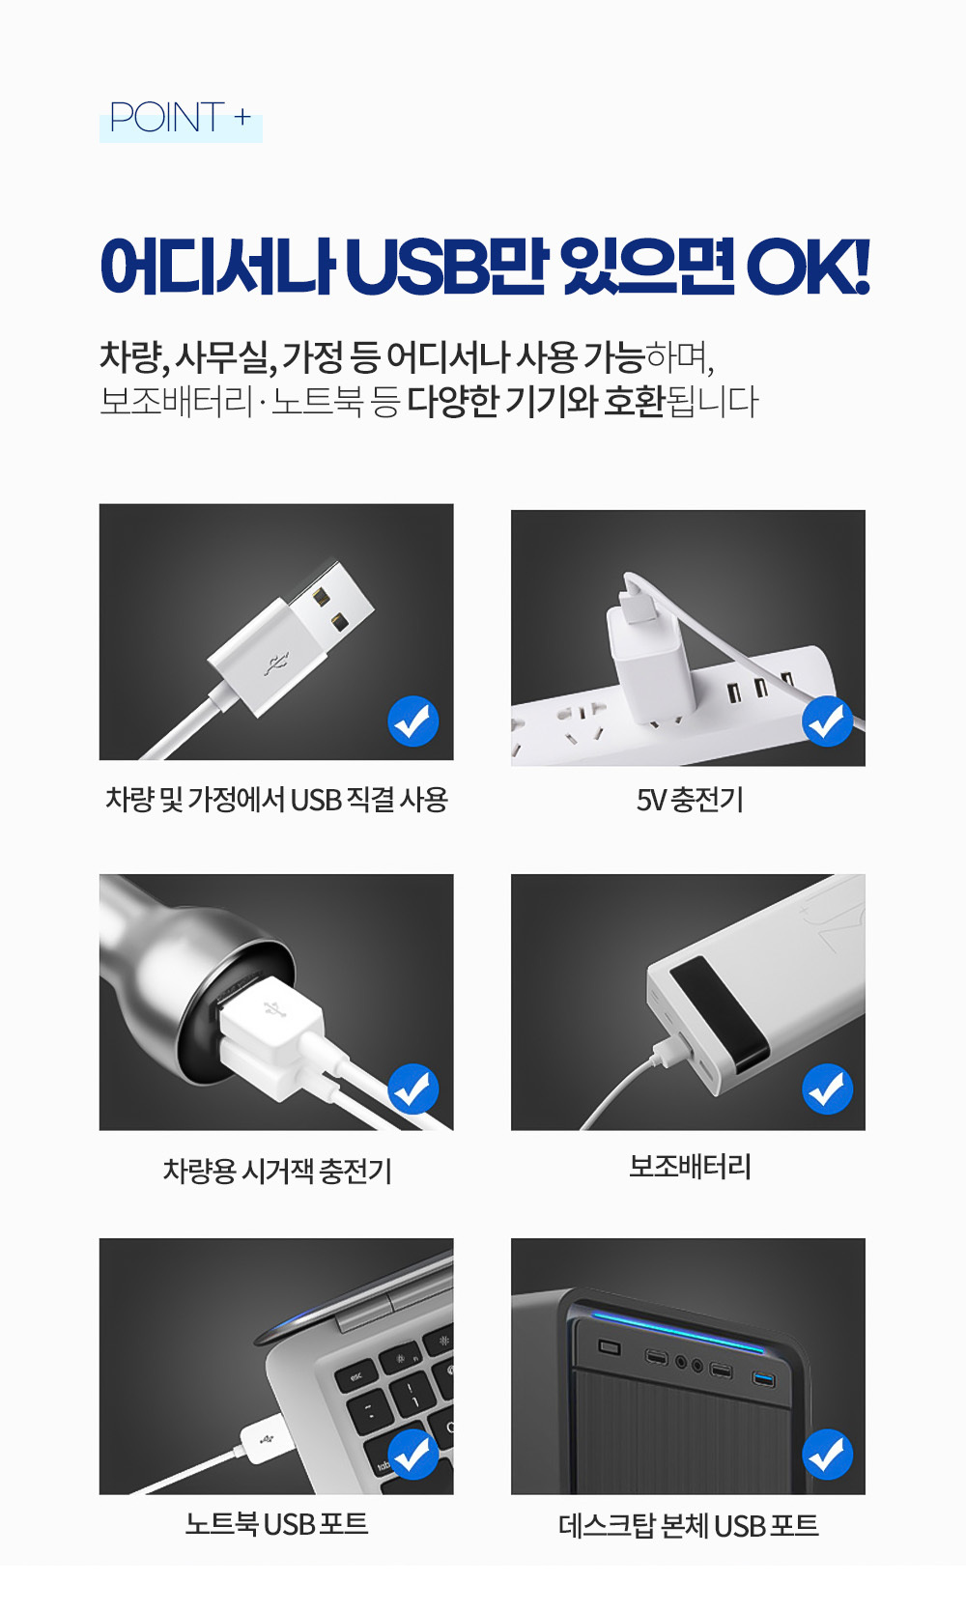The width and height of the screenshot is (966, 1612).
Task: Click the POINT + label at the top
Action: [180, 118]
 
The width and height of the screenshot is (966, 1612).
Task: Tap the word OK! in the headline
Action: [808, 268]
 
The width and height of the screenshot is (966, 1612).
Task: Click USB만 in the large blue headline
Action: [445, 268]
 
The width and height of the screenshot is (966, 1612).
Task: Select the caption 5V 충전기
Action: [689, 800]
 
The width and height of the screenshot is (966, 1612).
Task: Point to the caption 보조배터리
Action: [689, 1167]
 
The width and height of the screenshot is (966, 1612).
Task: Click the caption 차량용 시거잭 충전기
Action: [277, 1171]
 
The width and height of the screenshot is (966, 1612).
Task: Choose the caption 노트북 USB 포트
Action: [276, 1523]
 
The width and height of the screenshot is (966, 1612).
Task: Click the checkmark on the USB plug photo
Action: [413, 721]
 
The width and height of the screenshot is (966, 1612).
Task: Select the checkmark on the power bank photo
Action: [828, 1089]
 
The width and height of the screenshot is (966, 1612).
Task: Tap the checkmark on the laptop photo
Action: [413, 1455]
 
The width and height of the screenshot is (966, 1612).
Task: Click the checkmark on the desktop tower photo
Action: [828, 1455]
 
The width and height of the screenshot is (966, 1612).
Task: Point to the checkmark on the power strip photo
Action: [828, 721]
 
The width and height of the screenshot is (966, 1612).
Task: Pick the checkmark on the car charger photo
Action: [413, 1089]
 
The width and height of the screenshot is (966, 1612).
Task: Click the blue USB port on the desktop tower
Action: [764, 1379]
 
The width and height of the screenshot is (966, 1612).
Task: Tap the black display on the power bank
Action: [720, 1013]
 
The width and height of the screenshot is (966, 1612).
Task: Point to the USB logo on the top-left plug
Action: [276, 665]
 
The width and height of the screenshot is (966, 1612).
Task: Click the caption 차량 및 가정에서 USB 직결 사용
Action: [277, 800]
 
